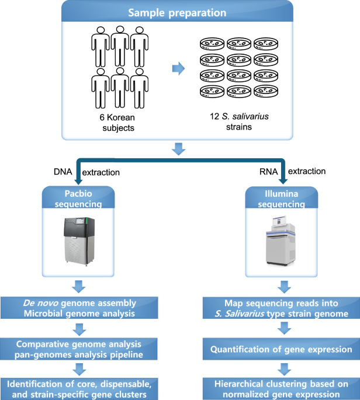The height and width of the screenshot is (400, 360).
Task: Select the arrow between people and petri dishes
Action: pyautogui.click(x=176, y=69)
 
